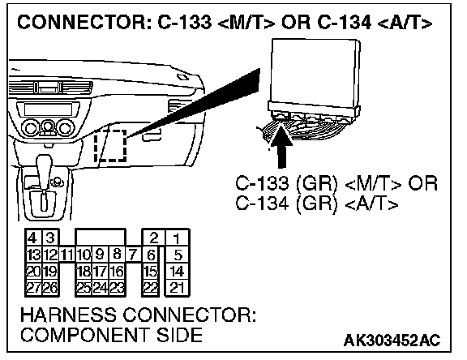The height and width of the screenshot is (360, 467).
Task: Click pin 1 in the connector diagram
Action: click(x=177, y=238)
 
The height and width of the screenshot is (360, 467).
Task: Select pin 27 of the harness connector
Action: click(x=34, y=288)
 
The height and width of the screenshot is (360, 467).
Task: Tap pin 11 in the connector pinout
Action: click(x=67, y=255)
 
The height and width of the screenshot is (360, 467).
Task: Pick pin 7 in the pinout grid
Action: click(x=133, y=255)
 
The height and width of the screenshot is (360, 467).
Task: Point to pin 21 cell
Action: click(x=177, y=288)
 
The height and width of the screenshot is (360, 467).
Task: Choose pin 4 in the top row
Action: click(x=34, y=238)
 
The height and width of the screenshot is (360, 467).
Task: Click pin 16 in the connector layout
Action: click(x=117, y=272)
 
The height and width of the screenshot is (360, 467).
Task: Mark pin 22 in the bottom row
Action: click(x=151, y=288)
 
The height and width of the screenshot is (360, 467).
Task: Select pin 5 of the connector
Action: click(x=177, y=255)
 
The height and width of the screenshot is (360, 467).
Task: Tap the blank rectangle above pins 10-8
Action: click(x=101, y=238)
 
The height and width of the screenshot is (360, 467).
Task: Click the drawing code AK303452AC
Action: click(x=392, y=341)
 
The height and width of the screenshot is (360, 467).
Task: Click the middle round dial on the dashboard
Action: click(x=47, y=127)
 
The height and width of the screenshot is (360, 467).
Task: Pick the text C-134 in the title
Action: click(x=345, y=23)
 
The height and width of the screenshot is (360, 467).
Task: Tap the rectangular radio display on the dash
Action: click(x=48, y=109)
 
